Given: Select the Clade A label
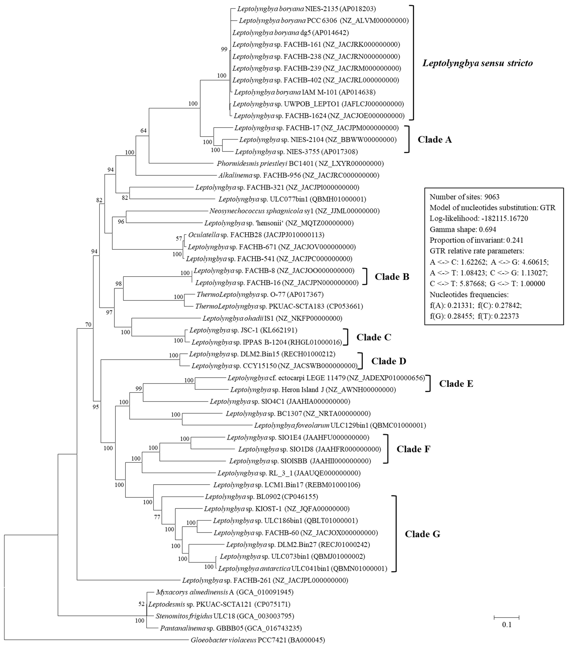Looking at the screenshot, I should pos(435,140).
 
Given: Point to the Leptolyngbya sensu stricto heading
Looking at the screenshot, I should pos(478,63).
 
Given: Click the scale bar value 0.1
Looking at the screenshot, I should pos(507,625).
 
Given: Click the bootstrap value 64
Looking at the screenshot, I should pos(143,131).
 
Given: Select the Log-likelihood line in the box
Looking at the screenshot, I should pos(479,218).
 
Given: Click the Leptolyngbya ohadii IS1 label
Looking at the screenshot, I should pos(272,318).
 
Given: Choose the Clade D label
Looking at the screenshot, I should pos(389,361).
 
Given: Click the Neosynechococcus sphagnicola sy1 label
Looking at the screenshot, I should pos(294,211).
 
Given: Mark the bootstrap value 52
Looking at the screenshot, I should pos(141,604).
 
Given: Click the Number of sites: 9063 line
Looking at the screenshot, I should pos(464,197).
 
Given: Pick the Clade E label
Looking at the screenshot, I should pos(456,384).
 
